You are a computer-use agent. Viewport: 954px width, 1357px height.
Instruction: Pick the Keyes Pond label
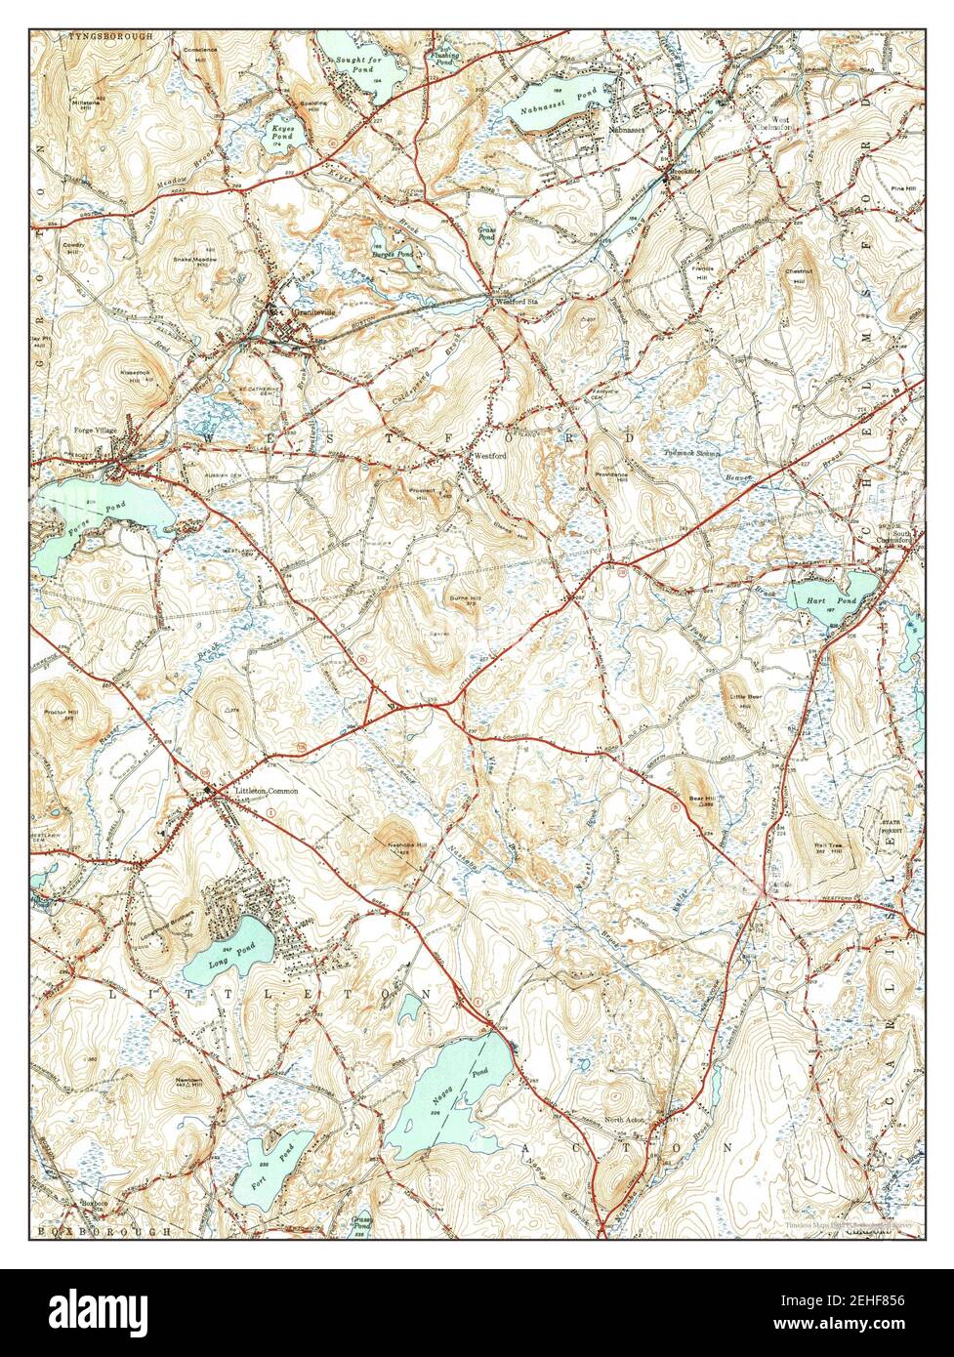click(282, 131)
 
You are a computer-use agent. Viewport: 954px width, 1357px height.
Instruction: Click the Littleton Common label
click(266, 790)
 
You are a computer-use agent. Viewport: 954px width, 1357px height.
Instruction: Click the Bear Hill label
click(702, 799)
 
